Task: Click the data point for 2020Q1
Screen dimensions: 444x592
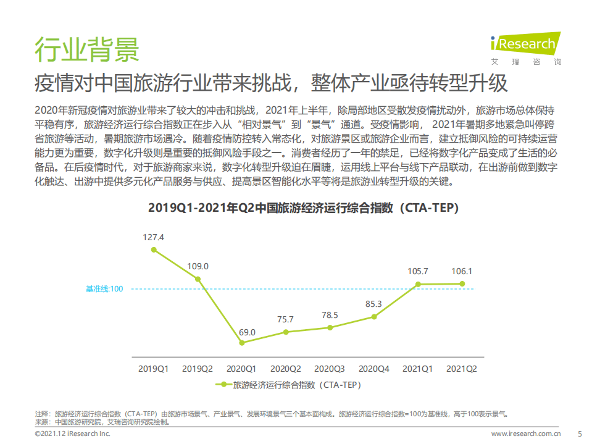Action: [x=241, y=342]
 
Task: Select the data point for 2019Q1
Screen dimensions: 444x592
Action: [x=153, y=249]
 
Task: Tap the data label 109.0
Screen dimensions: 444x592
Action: [x=198, y=266]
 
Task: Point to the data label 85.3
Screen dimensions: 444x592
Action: [x=373, y=304]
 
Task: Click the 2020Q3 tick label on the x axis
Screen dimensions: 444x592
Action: [x=330, y=369]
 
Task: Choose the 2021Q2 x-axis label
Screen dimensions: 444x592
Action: [x=462, y=369]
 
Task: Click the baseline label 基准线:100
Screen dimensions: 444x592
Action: [x=104, y=289]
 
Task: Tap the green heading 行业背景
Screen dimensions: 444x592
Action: [x=86, y=49]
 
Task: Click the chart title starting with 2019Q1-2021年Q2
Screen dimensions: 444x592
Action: [x=304, y=208]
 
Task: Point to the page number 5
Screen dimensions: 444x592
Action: [x=579, y=434]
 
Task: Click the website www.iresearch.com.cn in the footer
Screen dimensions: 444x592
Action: [x=526, y=434]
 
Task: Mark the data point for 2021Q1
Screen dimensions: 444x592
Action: [x=418, y=284]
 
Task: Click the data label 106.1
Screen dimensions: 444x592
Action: [x=462, y=270]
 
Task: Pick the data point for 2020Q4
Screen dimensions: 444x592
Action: [x=373, y=317]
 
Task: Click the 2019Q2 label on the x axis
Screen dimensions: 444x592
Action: [x=198, y=369]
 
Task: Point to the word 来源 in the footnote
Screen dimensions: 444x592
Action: [x=42, y=422]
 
